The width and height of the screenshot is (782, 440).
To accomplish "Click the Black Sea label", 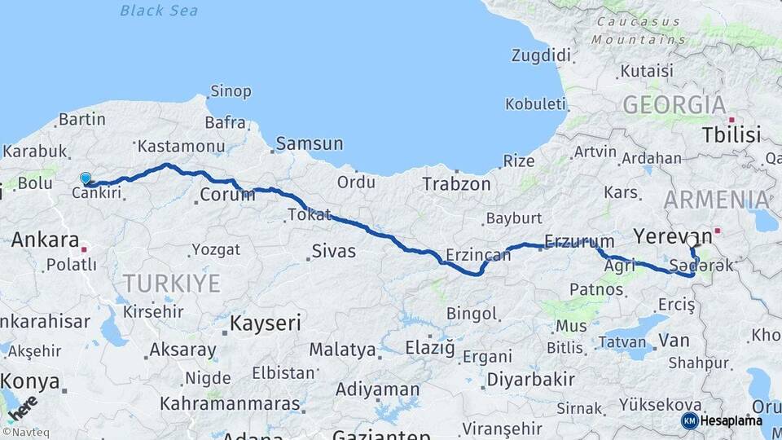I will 158,11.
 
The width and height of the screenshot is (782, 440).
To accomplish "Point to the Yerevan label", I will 672,237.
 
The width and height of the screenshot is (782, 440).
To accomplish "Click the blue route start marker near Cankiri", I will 86,178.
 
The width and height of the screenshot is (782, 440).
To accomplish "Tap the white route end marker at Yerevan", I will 692,241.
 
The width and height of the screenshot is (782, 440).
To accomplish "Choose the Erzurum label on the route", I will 579,241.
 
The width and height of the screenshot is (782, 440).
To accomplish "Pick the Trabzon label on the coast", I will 456,184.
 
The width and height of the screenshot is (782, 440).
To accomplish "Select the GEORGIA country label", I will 674,105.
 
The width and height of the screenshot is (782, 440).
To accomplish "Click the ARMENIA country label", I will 716,200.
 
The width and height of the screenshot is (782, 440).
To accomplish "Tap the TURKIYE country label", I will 171,284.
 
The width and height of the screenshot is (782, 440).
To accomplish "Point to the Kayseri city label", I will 265,323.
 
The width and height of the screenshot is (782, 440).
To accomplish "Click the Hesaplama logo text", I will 731,420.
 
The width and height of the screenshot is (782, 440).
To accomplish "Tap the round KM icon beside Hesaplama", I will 689,420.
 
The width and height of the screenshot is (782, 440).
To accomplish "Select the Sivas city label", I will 333,251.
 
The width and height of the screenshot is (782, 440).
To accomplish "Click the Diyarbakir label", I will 530,380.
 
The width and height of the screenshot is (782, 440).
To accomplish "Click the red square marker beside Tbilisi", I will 731,119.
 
